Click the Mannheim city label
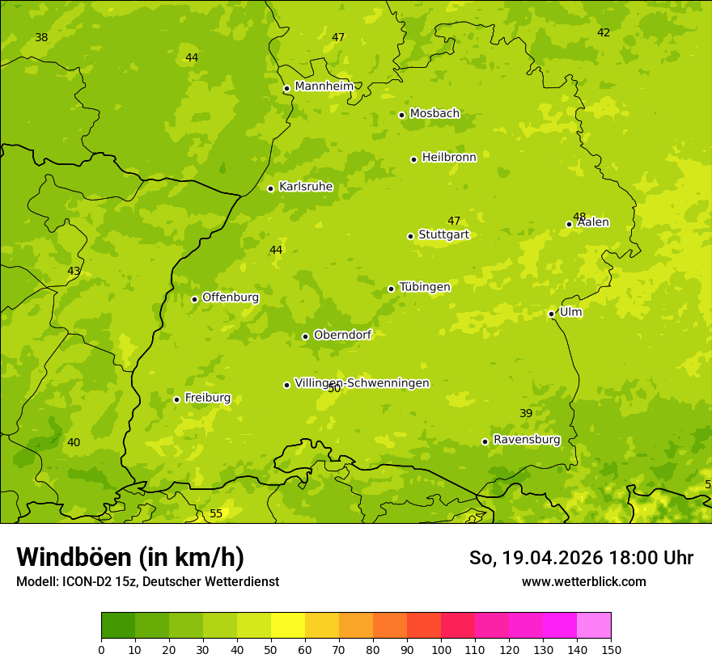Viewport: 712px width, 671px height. point(324,86)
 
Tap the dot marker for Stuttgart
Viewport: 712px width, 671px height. point(410,236)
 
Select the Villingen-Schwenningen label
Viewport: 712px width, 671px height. point(362,383)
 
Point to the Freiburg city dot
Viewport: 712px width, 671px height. point(176,399)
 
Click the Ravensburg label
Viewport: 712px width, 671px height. point(527,440)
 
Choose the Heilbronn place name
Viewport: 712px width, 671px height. point(449,158)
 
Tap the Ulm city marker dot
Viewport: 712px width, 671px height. point(551,314)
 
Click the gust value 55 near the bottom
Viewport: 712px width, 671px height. point(216,513)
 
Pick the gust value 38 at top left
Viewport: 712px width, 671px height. point(41,38)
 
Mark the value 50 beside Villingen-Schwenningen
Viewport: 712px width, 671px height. point(334,389)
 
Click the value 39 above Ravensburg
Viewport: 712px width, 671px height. point(526,413)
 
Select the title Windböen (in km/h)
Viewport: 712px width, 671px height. point(130,557)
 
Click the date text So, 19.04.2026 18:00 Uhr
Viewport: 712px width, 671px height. point(581,558)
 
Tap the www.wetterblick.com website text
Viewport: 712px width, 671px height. point(583,582)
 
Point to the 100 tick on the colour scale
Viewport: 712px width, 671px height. point(441,650)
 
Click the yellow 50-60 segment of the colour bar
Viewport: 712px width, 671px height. point(288,626)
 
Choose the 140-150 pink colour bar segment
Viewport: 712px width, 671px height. point(594,626)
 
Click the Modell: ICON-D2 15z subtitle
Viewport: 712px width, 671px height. point(147,582)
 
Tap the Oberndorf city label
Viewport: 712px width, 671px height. point(342,335)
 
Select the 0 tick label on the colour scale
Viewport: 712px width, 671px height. point(101,650)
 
